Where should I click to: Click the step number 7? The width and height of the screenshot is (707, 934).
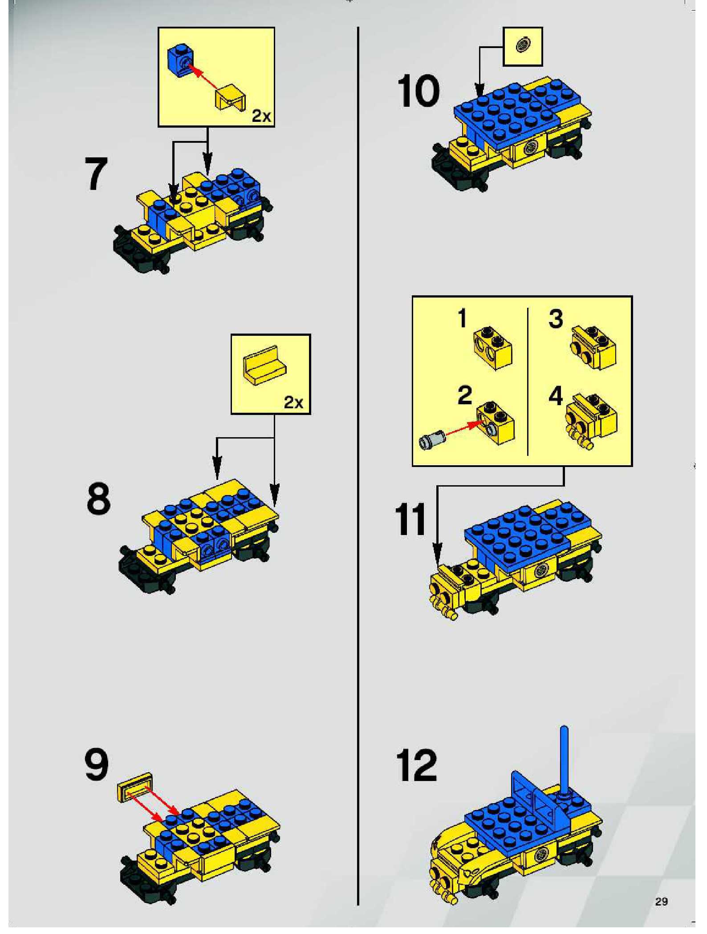point(96,173)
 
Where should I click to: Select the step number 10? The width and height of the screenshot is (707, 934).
point(418,91)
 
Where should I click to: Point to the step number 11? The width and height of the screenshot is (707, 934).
point(411,519)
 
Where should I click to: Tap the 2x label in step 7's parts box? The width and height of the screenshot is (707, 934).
point(261,116)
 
